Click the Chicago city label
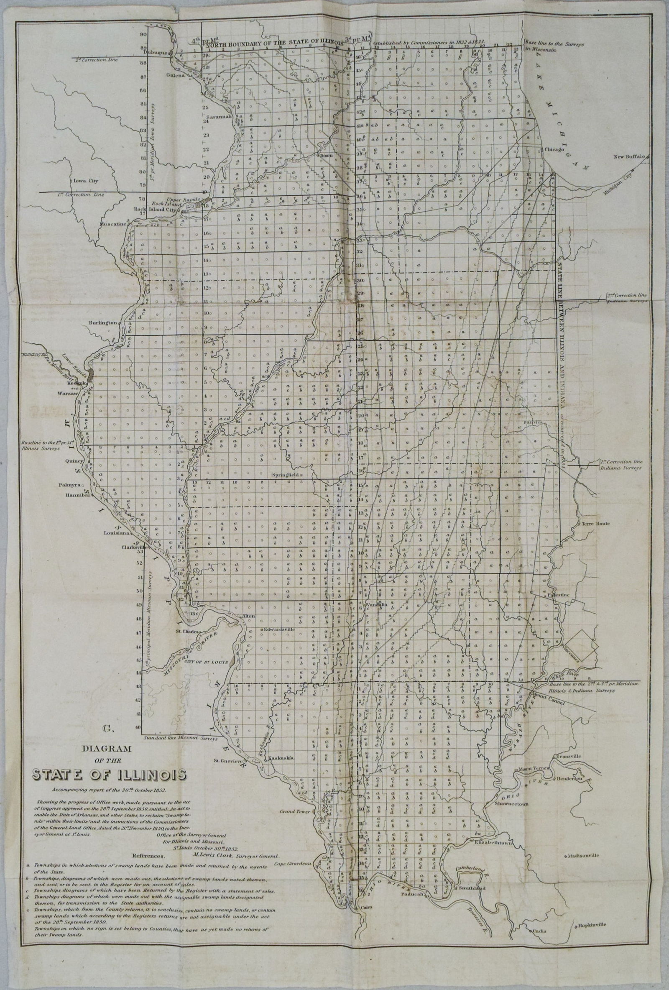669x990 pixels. (553, 150)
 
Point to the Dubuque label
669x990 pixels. (156, 54)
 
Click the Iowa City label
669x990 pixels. (83, 180)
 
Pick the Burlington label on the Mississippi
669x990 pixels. (102, 323)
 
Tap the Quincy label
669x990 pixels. (74, 461)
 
